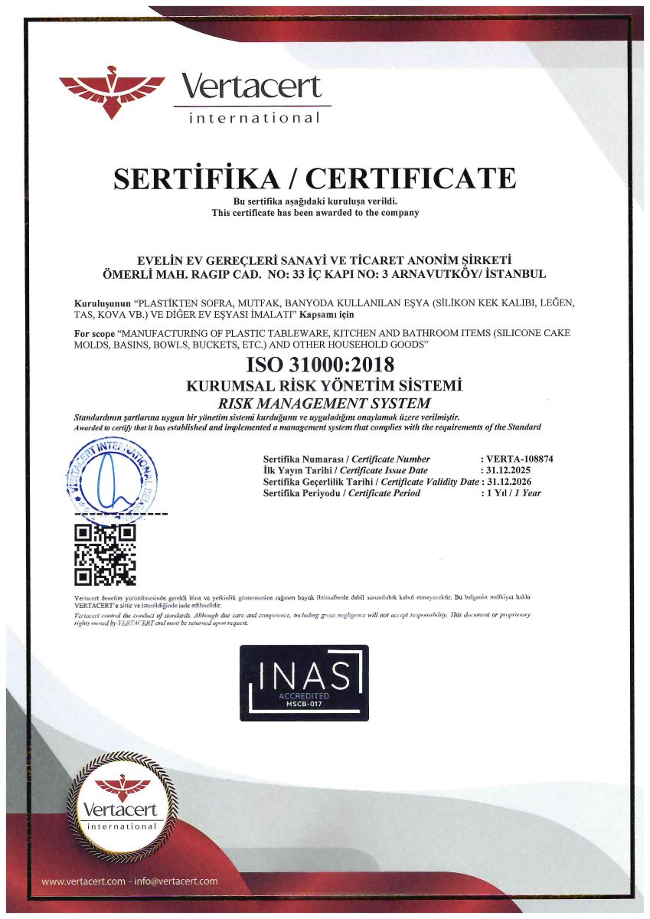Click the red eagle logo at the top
(112, 90)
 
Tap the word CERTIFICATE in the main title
(411, 178)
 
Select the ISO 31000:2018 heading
(321, 365)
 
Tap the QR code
(105, 554)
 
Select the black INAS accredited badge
(304, 682)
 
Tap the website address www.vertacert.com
(83, 881)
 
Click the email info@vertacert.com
(175, 881)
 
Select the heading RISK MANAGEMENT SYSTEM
(324, 403)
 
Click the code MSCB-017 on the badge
(304, 704)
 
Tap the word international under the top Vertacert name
(254, 118)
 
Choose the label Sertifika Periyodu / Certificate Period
(341, 493)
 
